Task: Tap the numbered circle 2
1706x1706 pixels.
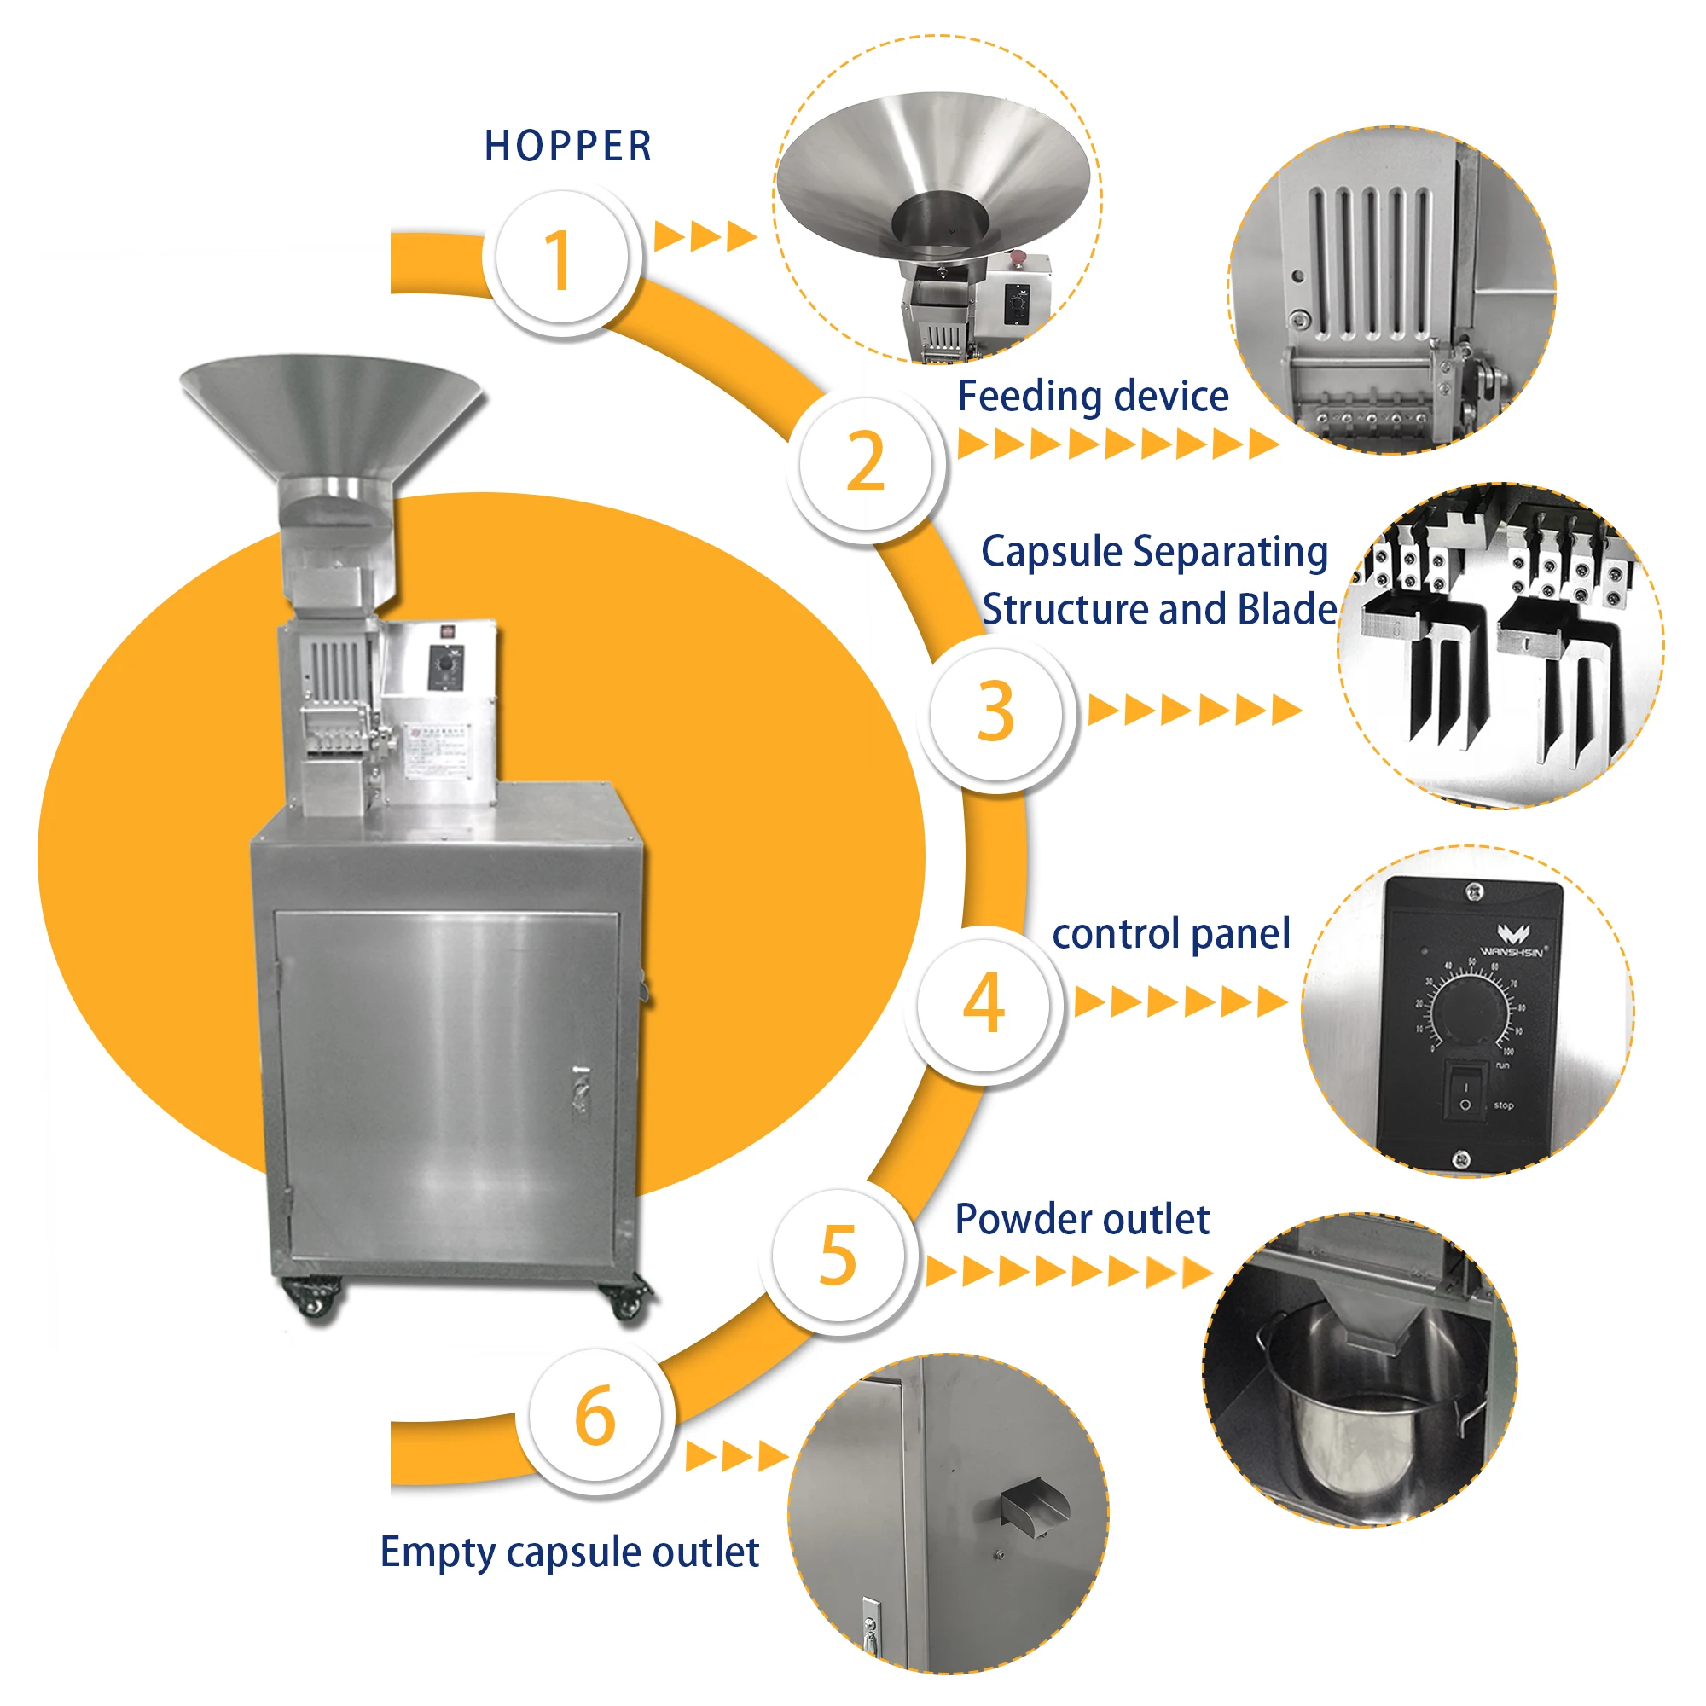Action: tap(865, 462)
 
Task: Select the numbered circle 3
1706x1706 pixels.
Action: tap(996, 713)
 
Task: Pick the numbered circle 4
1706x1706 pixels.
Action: tap(983, 1004)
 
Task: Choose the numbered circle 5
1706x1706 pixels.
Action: tap(838, 1255)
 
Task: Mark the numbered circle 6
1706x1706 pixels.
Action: tap(595, 1415)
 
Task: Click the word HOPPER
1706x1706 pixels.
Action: tap(568, 147)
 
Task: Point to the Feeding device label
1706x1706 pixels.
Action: tap(1093, 397)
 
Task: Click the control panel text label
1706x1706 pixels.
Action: tap(1171, 933)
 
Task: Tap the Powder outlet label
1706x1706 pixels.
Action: tap(1082, 1220)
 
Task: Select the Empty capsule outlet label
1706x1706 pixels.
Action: tap(570, 1552)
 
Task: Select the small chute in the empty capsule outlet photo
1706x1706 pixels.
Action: tap(1035, 1506)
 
